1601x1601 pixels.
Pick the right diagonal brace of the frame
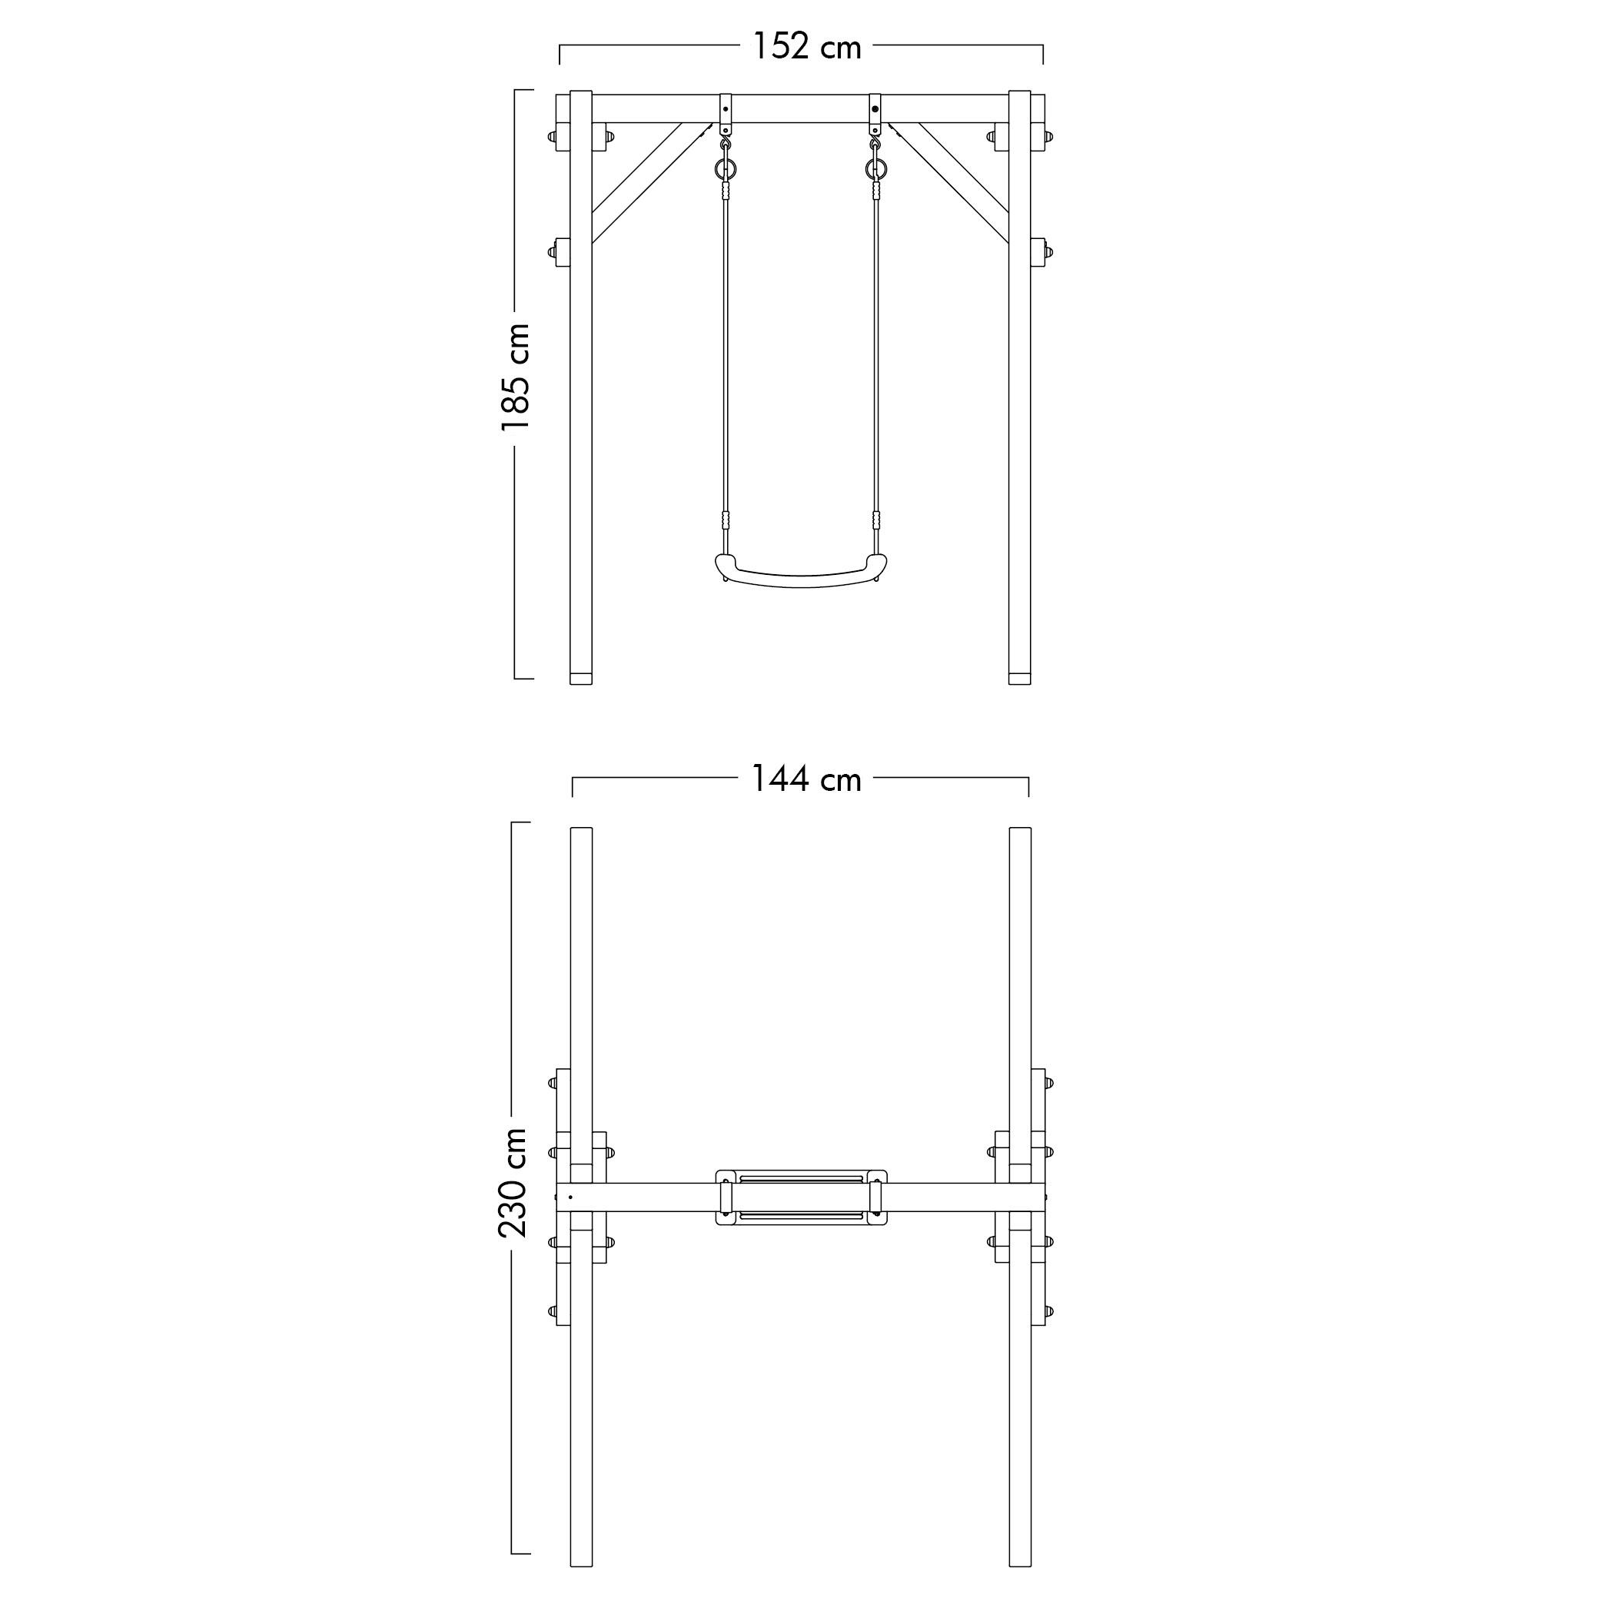tap(948, 184)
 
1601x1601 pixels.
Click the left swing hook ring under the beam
tap(726, 170)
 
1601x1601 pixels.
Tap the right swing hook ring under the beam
tap(875, 170)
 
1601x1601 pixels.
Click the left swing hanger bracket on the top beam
tap(726, 115)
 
